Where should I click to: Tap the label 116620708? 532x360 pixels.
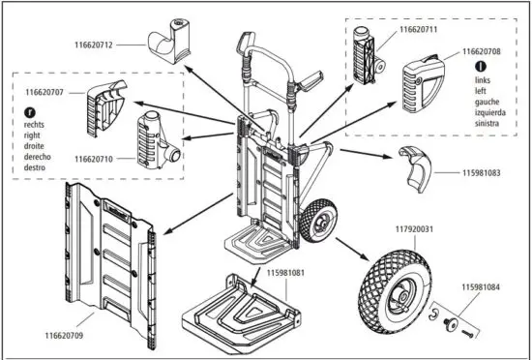tap(481, 50)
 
